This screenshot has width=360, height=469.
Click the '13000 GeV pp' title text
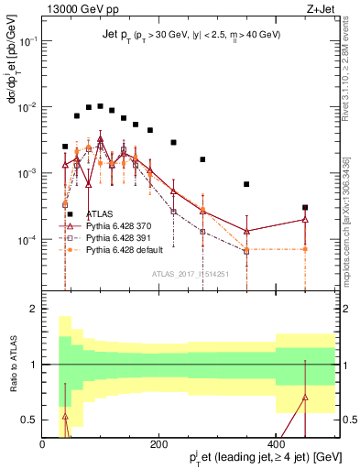tap(75, 8)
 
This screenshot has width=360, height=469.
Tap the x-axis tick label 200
tap(159, 444)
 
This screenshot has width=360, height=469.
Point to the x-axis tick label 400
tap(276, 444)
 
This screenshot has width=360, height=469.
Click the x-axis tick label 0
tap(42, 444)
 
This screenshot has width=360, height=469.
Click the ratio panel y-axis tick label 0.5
tap(29, 420)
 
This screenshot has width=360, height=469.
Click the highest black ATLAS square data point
tap(100, 105)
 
